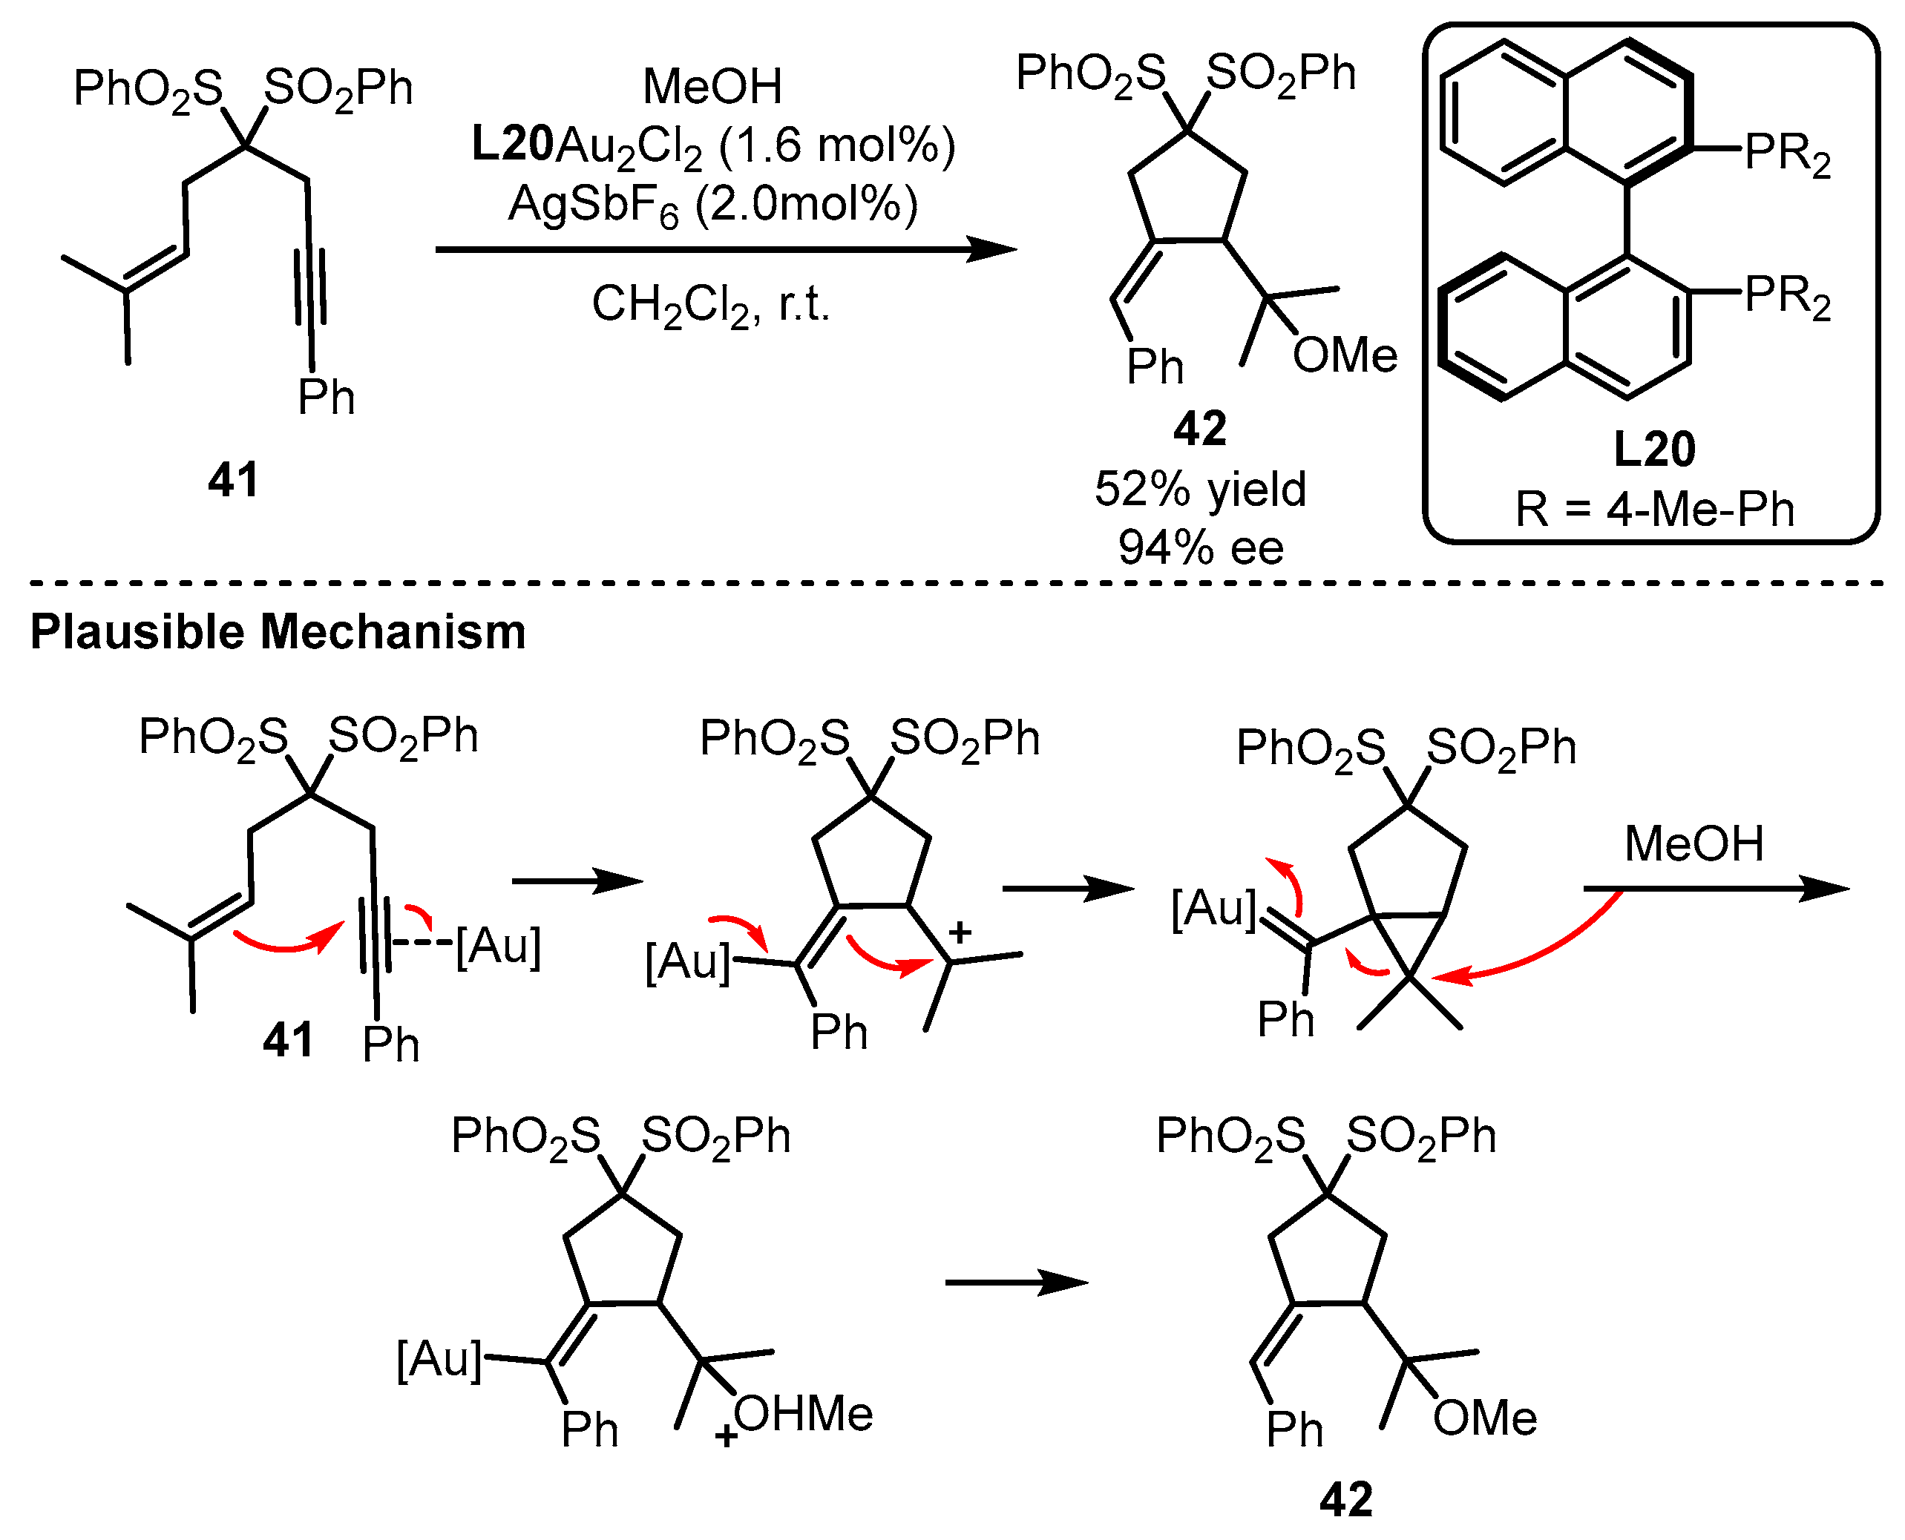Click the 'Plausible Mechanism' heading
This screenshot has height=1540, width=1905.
[x=278, y=633]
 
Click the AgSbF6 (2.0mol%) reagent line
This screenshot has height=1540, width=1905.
[x=712, y=205]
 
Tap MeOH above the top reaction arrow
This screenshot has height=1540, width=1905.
[x=712, y=87]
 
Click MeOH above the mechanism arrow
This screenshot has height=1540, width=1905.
[x=1693, y=843]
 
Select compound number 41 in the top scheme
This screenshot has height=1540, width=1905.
[x=233, y=480]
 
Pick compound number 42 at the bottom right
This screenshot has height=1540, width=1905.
[x=1346, y=1499]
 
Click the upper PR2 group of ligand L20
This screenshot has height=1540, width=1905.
[x=1787, y=154]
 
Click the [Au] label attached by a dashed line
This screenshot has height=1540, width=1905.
[x=498, y=946]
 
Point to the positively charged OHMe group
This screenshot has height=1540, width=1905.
[x=801, y=1414]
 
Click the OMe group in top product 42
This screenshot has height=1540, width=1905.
[x=1344, y=356]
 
